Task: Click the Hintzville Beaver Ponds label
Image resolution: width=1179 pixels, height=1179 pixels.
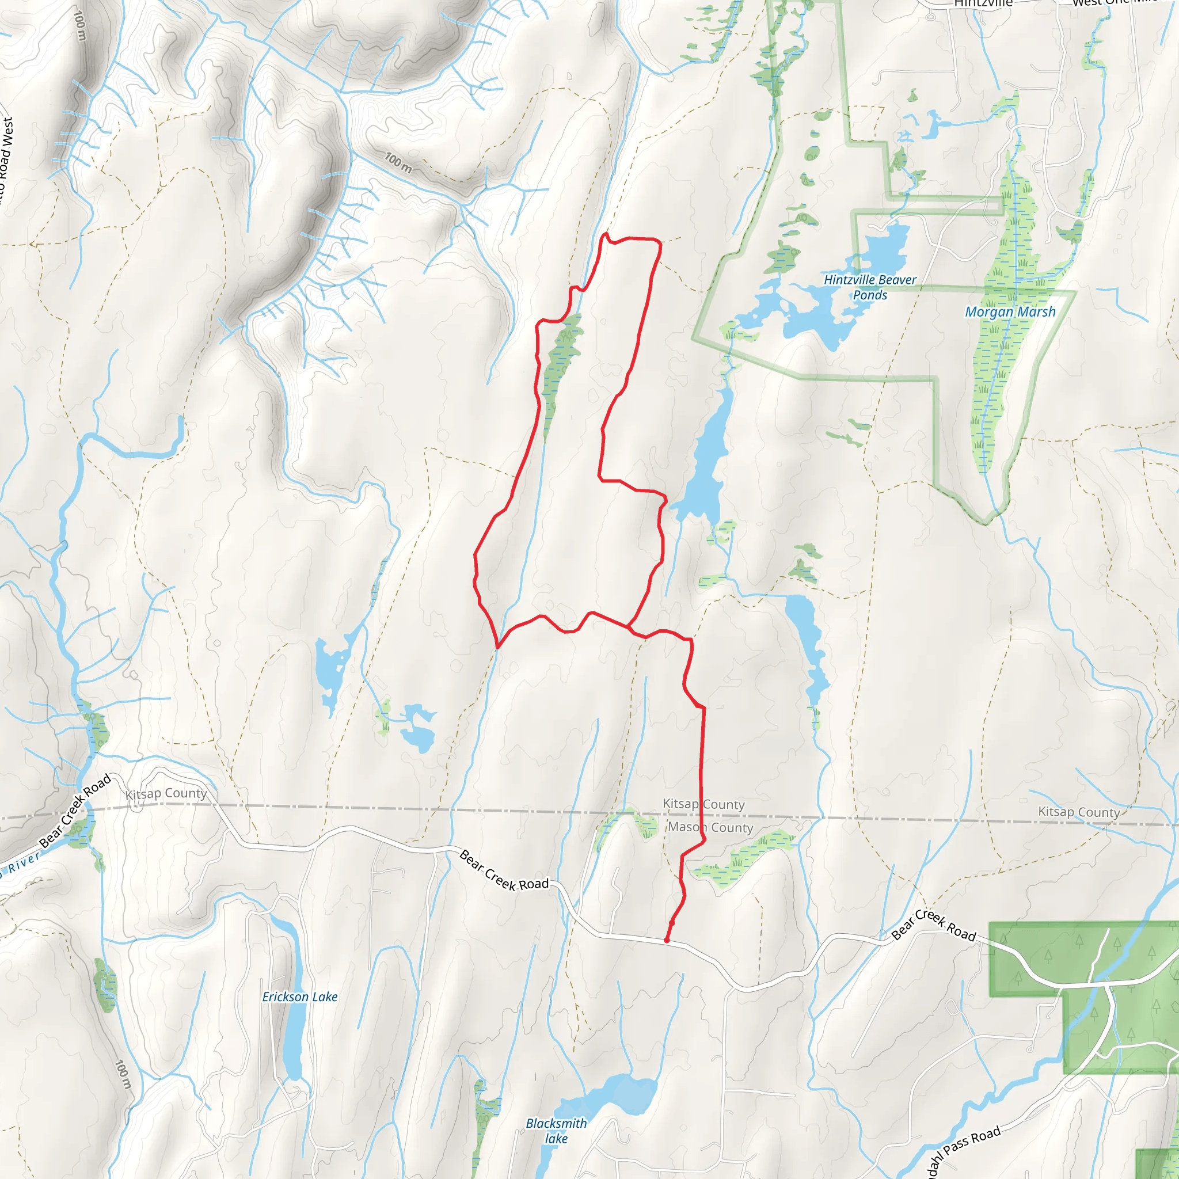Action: pos(870,287)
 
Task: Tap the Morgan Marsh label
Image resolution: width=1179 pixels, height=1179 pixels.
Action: pos(1010,312)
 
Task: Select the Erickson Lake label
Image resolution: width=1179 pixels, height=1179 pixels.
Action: pos(299,997)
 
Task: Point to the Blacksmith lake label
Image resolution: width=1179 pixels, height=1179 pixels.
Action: pos(556,1131)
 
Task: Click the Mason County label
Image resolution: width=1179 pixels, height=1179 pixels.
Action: pos(710,827)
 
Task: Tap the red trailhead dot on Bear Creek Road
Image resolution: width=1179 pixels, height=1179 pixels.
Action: pos(667,941)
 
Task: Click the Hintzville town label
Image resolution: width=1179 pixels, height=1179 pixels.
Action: pos(983,3)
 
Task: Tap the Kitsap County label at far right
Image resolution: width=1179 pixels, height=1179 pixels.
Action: pos(1079,812)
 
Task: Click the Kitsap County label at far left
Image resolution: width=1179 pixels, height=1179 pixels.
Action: pos(166,793)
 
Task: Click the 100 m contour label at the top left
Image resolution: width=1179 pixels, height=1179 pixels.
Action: pos(80,26)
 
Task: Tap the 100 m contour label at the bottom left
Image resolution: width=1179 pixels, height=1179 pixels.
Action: pos(123,1075)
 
